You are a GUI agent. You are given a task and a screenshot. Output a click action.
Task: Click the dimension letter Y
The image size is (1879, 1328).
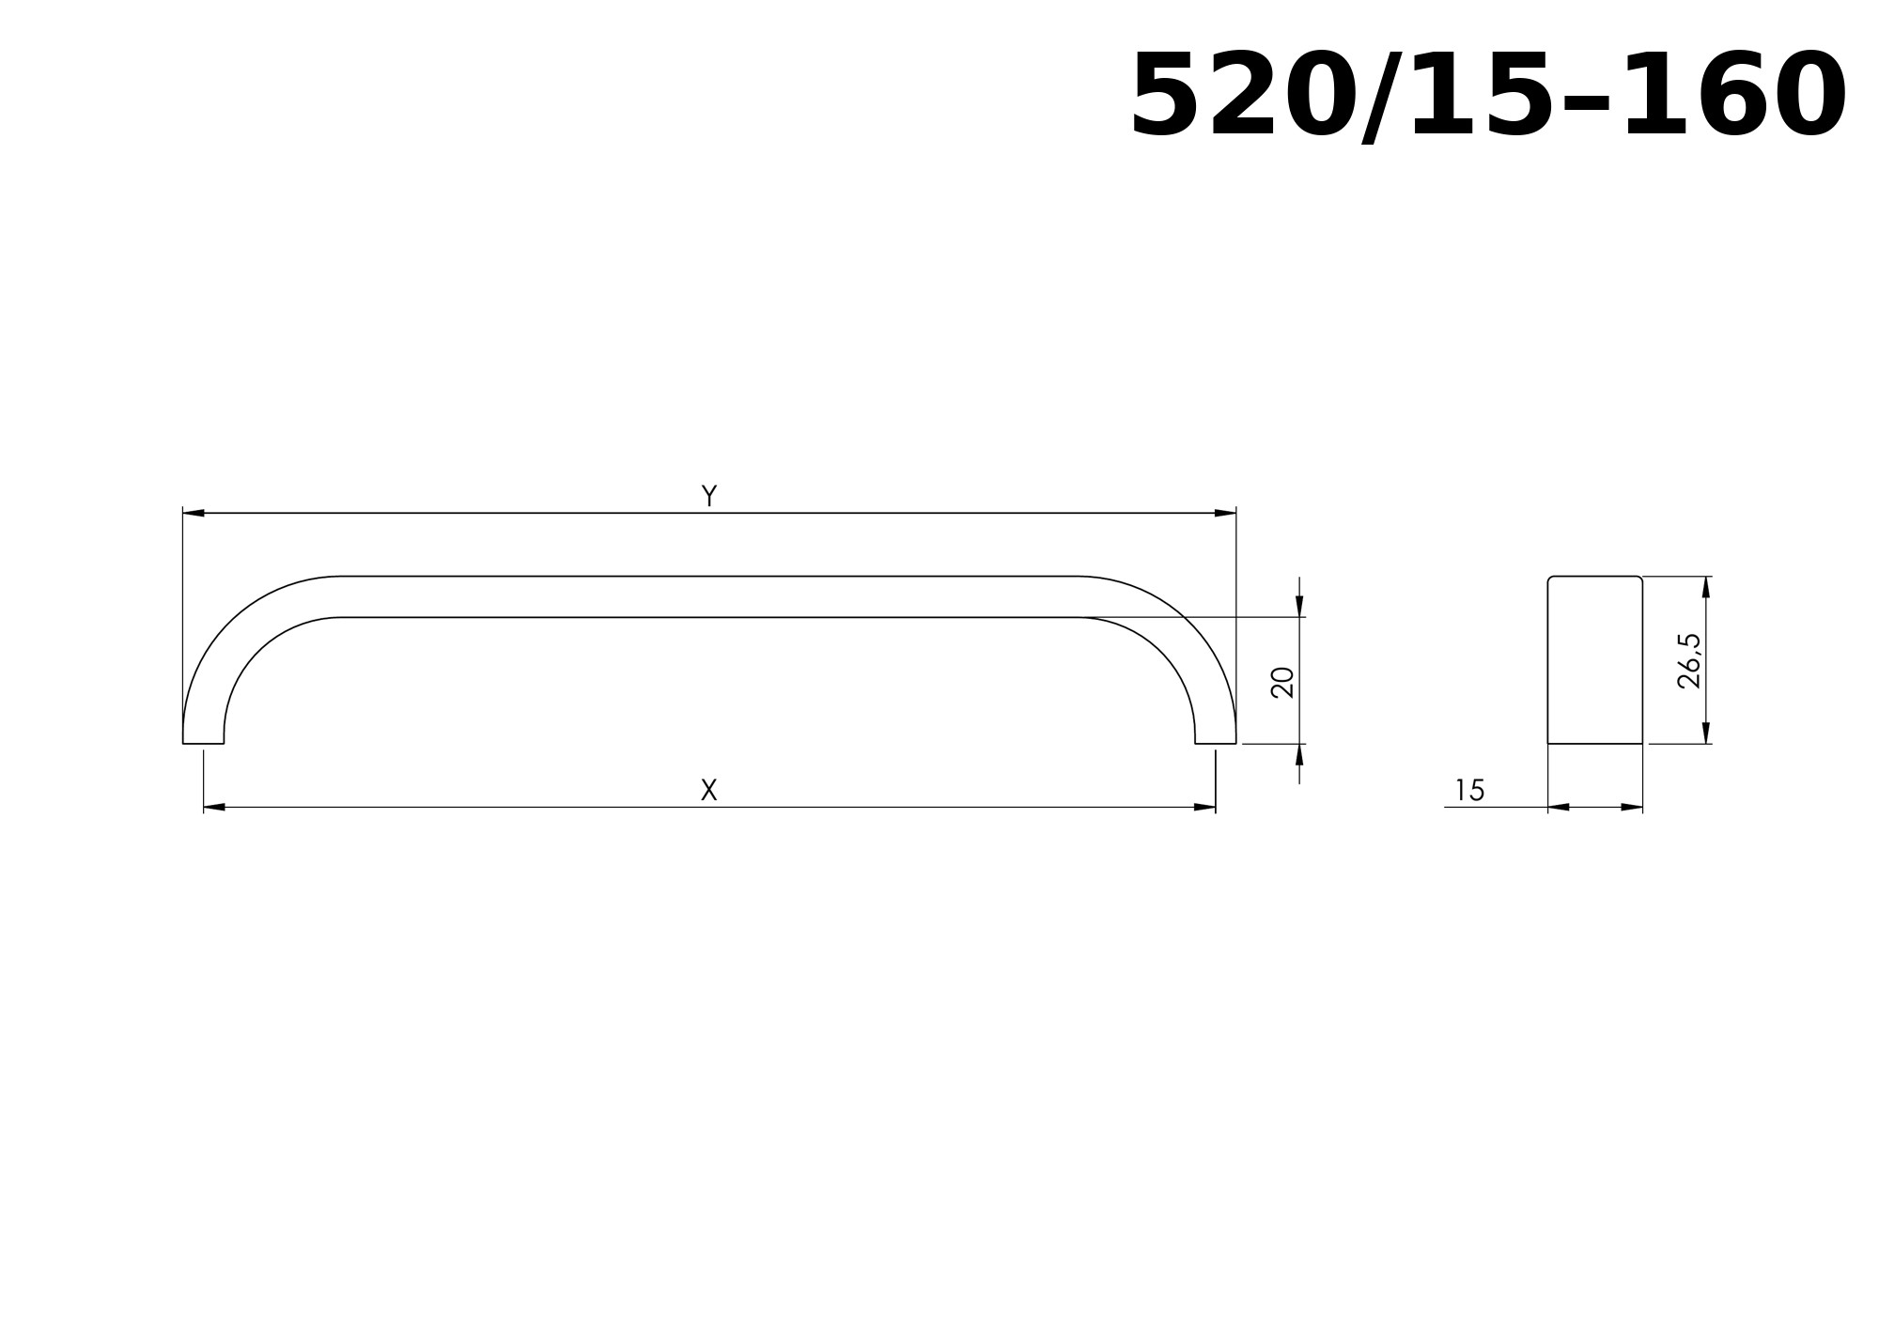pyautogui.click(x=709, y=496)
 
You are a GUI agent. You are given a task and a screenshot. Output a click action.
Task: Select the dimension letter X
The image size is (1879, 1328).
pyautogui.click(x=709, y=790)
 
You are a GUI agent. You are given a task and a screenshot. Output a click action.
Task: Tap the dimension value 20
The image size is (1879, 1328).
pyautogui.click(x=1282, y=683)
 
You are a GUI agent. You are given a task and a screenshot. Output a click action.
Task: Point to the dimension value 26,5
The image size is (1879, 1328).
pyautogui.click(x=1689, y=661)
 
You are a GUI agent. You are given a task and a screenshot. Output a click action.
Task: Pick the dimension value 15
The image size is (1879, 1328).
pyautogui.click(x=1469, y=791)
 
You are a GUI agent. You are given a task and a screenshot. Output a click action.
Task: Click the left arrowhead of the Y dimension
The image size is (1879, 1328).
pyautogui.click(x=194, y=513)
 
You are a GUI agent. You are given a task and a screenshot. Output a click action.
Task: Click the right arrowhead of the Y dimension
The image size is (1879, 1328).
pyautogui.click(x=1225, y=513)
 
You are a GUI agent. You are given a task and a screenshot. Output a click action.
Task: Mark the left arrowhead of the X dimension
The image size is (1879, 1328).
pyautogui.click(x=214, y=807)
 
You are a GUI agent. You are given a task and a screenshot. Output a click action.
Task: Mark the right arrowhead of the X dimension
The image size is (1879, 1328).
pyautogui.click(x=1204, y=807)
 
